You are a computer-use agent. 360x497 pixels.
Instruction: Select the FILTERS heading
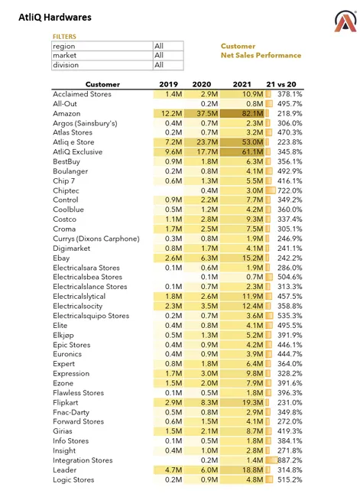[64, 36]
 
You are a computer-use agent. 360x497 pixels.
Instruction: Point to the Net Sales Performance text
[261, 55]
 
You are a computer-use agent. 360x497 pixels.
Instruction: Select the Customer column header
[102, 84]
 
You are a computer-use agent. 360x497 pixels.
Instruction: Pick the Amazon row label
[66, 113]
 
